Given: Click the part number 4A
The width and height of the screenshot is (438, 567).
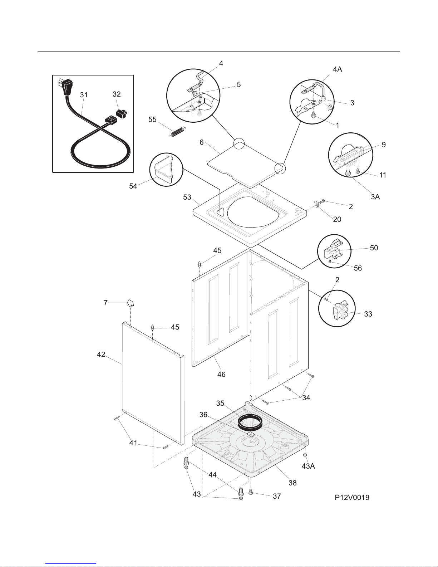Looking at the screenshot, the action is click(x=338, y=69).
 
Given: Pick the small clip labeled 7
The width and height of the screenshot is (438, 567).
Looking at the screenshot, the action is click(x=131, y=303).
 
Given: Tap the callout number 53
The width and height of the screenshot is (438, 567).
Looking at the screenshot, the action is click(x=187, y=197).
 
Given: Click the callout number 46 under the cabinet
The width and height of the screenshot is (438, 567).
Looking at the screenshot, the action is click(x=221, y=375).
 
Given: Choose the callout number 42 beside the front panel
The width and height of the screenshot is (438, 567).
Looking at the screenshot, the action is click(x=101, y=355).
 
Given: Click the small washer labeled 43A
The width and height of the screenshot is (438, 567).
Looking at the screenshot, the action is click(x=305, y=455).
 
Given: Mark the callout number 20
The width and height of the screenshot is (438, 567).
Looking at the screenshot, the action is click(x=337, y=219).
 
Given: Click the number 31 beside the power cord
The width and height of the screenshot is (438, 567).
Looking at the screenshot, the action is click(x=84, y=95).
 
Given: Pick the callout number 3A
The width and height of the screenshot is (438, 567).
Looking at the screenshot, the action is click(x=375, y=197).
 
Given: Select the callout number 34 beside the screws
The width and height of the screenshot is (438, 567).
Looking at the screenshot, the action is click(x=306, y=398).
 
